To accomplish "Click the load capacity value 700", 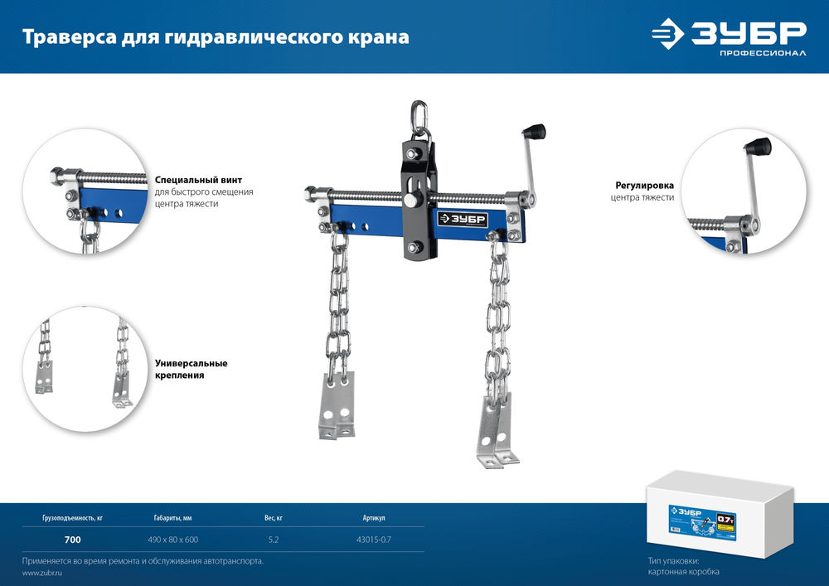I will [x=73, y=540].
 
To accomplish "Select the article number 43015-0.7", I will [x=373, y=540].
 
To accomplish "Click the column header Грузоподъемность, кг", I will [x=73, y=518].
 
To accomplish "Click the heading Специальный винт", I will [x=198, y=179].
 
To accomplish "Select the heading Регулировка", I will [x=643, y=186].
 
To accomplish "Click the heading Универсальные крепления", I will [x=191, y=369].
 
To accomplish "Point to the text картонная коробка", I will [x=684, y=573].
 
